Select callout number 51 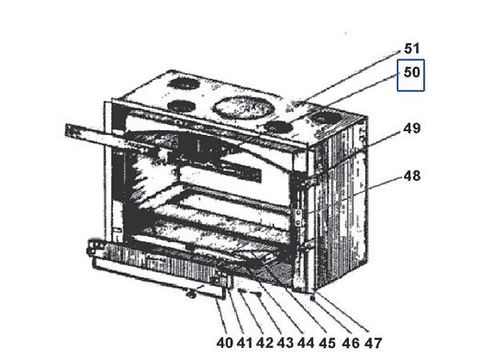412,49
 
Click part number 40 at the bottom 224,342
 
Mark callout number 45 326,342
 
